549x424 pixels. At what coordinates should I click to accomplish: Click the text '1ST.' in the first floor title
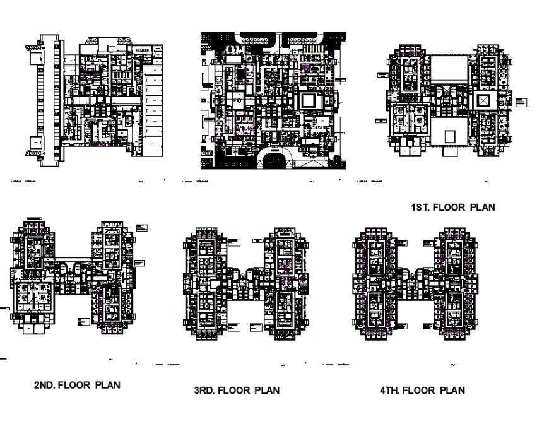pos(421,207)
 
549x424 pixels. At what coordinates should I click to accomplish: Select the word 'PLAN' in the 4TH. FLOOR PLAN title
pos(452,390)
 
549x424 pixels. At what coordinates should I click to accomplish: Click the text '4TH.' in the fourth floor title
pos(390,390)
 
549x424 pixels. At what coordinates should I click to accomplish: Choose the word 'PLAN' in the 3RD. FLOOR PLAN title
pos(266,390)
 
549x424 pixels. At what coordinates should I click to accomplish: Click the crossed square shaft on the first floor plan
pos(483,100)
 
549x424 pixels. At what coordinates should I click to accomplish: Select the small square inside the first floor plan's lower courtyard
pos(449,136)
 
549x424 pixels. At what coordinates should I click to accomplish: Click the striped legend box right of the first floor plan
pos(521,103)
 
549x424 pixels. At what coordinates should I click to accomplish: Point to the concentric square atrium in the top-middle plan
pos(309,100)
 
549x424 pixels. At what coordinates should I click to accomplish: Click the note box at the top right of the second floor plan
pos(141,227)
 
